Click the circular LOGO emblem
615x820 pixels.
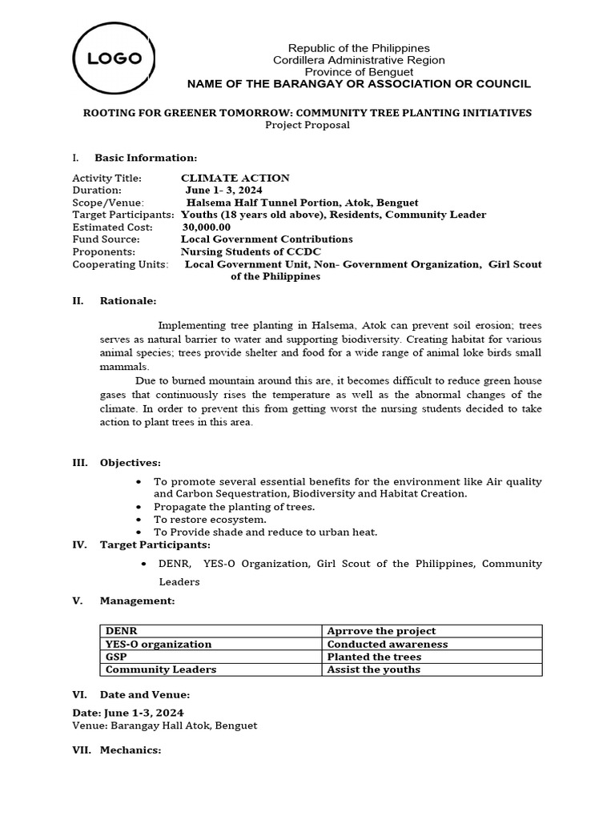tap(115, 58)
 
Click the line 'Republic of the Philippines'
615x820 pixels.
tap(359, 48)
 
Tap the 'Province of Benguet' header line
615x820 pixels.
tap(359, 72)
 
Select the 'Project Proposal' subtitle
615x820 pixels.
tap(307, 125)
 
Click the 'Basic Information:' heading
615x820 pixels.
tap(145, 158)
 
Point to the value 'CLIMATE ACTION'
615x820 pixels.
tap(235, 178)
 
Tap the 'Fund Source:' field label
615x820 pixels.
tap(106, 239)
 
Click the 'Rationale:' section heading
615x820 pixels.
tap(128, 301)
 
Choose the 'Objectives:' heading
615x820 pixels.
tap(130, 463)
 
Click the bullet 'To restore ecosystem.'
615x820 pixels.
tap(199, 520)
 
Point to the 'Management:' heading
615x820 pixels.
tap(137, 601)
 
